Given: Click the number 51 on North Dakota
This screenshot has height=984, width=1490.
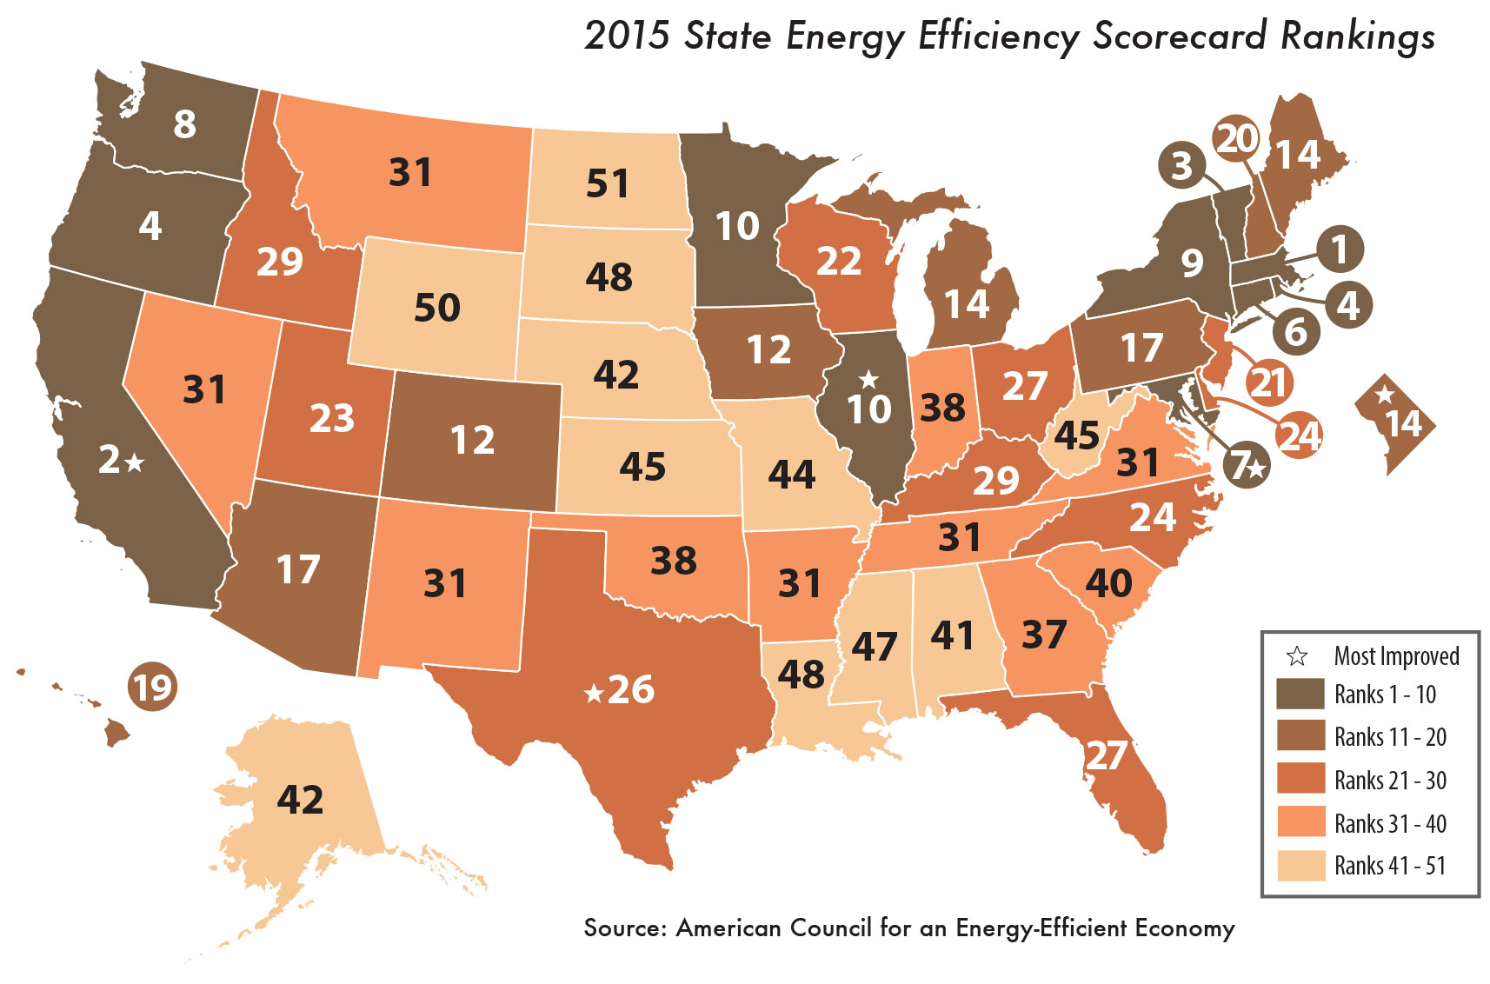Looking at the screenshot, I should [607, 183].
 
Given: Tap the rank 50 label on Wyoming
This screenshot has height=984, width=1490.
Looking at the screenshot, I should [436, 308].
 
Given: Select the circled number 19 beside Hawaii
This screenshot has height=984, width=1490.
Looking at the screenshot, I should [152, 688].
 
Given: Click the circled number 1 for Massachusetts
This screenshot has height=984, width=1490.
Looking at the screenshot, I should [1339, 249].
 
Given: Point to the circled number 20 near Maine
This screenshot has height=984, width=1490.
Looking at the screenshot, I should [1236, 138].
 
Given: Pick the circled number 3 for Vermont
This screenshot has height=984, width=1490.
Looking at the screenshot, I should [1181, 165].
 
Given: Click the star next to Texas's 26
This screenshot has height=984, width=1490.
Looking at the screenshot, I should [594, 693].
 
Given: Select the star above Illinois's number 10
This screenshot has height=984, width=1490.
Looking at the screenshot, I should [868, 379].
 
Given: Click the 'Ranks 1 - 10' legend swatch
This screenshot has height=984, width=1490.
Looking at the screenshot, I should [1300, 695].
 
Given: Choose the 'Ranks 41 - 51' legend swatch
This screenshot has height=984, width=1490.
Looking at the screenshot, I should [1300, 866].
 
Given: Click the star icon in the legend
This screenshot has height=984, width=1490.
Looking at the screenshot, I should [1297, 655].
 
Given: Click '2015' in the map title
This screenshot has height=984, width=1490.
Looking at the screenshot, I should [627, 37].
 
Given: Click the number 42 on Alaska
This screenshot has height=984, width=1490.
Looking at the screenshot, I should [300, 799].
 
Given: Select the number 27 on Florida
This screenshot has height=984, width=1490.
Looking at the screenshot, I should [1106, 755].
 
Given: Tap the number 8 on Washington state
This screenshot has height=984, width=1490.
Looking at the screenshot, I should [184, 124].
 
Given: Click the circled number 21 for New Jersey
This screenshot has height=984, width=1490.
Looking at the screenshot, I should [1267, 382].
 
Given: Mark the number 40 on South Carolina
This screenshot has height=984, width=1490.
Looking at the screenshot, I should [1108, 582].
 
